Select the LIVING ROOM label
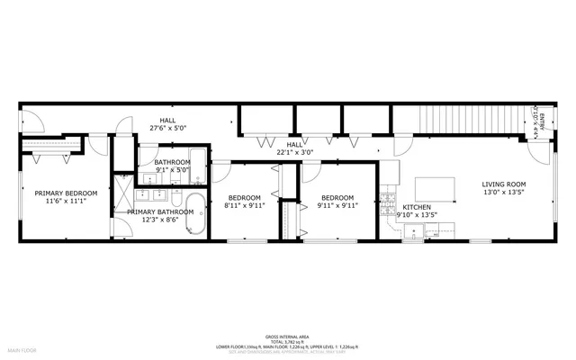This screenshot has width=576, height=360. (x=503, y=184)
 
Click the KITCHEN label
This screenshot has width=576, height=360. (x=416, y=206)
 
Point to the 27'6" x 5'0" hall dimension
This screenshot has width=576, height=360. (x=167, y=129)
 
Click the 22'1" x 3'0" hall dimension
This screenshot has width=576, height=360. (x=295, y=152)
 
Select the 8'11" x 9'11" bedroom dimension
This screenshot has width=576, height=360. (x=244, y=206)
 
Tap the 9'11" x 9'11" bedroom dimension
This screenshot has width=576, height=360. (x=337, y=206)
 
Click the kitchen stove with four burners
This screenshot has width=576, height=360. (x=389, y=199)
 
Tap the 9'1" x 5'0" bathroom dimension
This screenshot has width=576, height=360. (x=172, y=168)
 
